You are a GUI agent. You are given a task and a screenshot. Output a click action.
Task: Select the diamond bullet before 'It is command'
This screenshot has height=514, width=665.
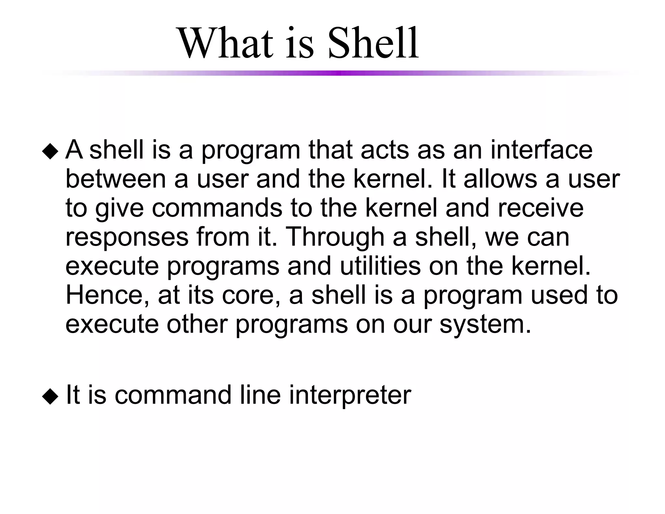tap(50, 397)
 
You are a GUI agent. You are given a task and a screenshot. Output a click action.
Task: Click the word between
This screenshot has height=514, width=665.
tap(116, 179)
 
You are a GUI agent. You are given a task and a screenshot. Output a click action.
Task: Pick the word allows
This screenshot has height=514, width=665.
tap(500, 179)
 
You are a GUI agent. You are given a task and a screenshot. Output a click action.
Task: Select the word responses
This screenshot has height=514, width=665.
tap(127, 237)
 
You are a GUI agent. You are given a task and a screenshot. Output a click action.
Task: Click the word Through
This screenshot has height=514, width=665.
tap(334, 237)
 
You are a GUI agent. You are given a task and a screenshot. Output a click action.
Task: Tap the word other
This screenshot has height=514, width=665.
tap(197, 324)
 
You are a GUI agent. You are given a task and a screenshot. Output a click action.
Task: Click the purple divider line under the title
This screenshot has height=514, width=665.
tap(338, 73)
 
